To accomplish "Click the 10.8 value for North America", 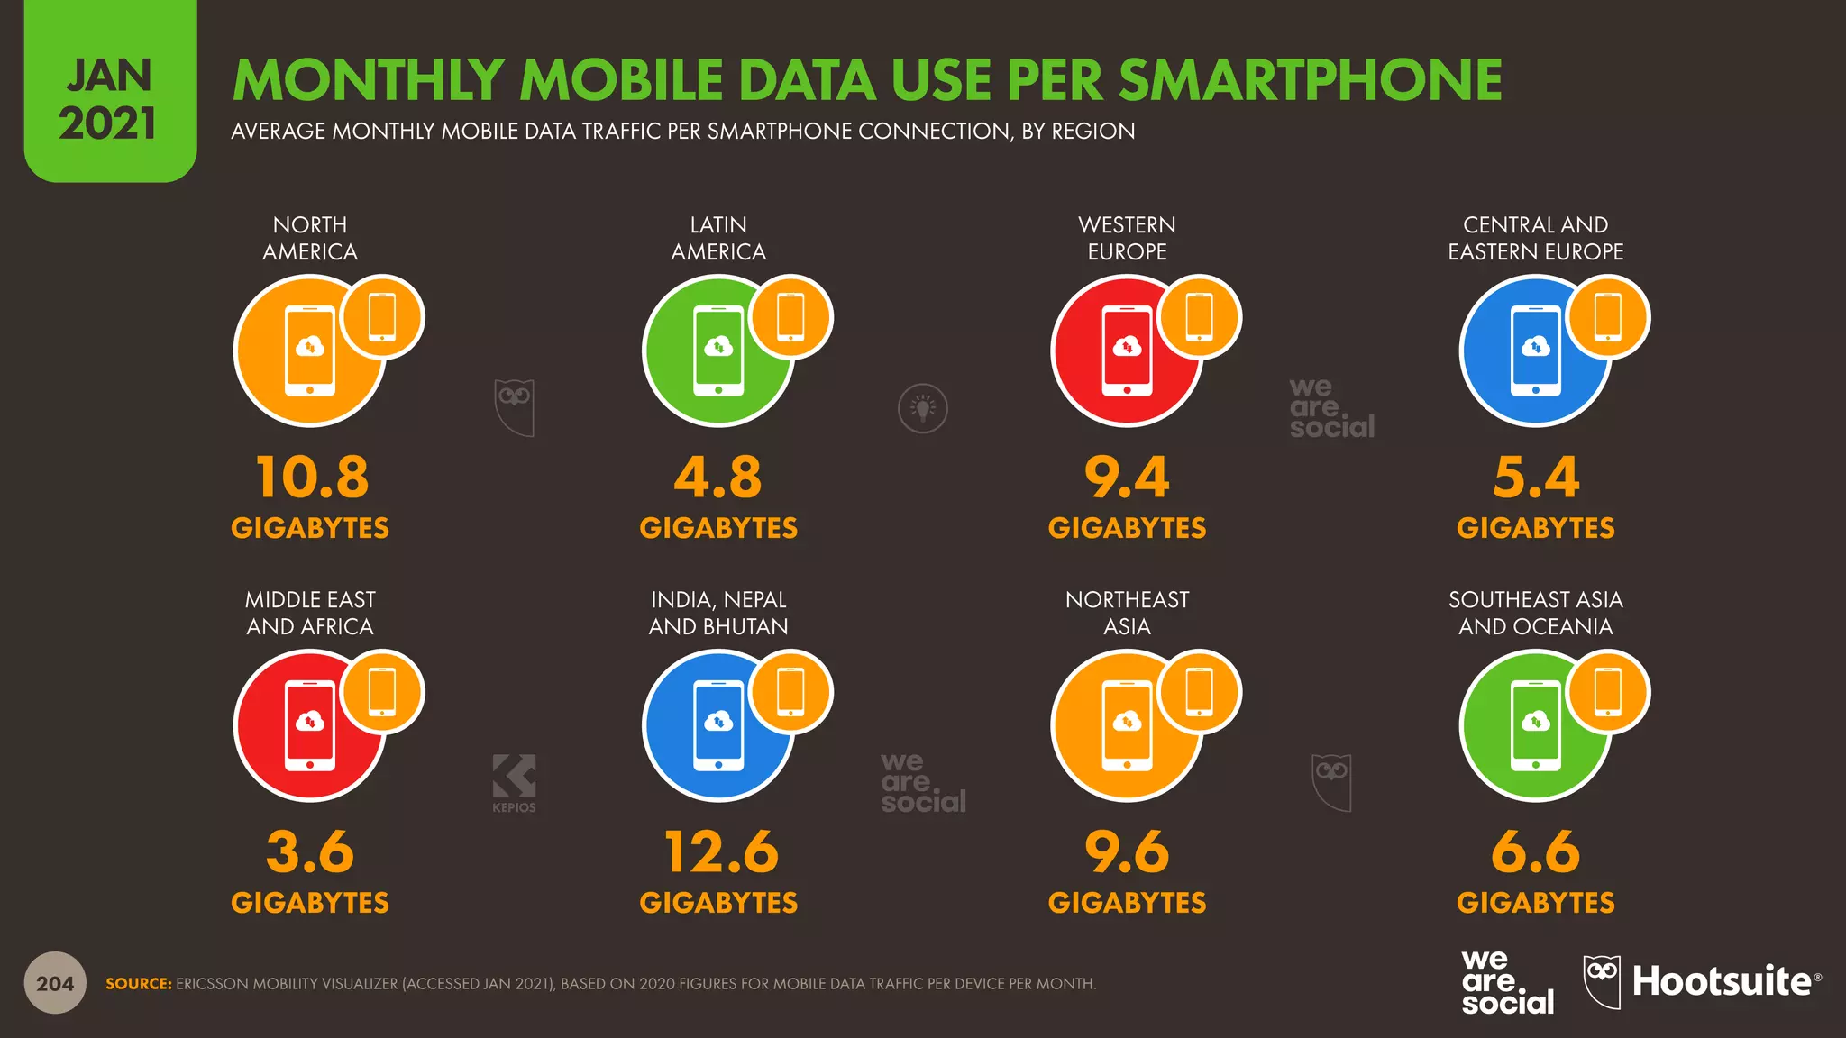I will point(312,477).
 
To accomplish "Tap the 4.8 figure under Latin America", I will point(718,477).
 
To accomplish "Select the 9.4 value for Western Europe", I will point(1127,477).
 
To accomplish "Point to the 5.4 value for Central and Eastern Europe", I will point(1536,477).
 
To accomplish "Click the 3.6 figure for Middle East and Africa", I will point(310,851).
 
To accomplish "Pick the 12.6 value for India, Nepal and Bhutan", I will point(720,851).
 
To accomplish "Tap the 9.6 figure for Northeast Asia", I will point(1127,851).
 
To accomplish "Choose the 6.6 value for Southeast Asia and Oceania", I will point(1536,851).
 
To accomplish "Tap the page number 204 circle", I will point(55,983).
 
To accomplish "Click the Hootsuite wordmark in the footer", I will point(1722,981).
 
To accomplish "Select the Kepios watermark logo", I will point(514,782).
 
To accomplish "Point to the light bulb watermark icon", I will point(923,408).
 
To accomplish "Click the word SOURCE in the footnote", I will point(139,984).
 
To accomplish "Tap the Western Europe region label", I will point(1127,238).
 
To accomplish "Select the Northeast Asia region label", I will point(1127,613).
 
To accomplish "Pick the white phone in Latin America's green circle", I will point(718,351).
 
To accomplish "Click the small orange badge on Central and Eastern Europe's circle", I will point(1608,317).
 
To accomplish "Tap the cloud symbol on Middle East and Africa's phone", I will point(310,721).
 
